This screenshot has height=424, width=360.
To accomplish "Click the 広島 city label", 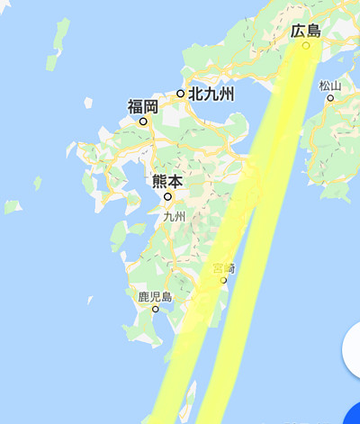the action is click(x=306, y=32).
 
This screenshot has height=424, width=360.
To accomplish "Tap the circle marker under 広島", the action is click(x=306, y=45).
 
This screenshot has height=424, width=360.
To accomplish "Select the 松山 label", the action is click(x=330, y=86).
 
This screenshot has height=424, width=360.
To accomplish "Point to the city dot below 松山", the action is click(x=330, y=97).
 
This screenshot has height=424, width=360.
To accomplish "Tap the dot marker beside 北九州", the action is click(x=181, y=93).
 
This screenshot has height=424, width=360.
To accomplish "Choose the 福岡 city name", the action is click(x=143, y=107).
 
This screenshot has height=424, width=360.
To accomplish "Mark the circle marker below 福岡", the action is click(x=142, y=121).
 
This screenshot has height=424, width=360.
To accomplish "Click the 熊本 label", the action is click(x=167, y=182).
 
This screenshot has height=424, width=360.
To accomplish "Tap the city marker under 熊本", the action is click(x=167, y=195).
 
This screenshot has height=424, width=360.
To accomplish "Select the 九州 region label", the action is click(x=174, y=217).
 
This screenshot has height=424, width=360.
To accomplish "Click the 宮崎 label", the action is click(x=223, y=268).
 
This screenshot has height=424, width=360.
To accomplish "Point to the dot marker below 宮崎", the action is click(x=223, y=280).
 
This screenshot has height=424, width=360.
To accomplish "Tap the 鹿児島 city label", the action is click(x=155, y=296).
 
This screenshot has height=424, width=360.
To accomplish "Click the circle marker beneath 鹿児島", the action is click(x=156, y=309).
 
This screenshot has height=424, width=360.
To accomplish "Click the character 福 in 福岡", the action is click(x=135, y=107).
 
